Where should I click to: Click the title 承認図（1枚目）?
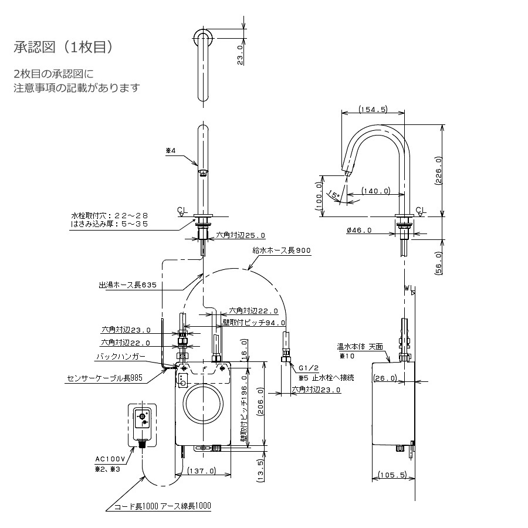64,47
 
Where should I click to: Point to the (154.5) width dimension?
373,109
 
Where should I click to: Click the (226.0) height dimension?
438,170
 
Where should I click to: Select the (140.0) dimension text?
376,191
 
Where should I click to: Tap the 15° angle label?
333,195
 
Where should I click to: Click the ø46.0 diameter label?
359,231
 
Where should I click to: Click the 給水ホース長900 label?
282,250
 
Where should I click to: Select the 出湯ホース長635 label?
128,285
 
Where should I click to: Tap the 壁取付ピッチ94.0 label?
254,323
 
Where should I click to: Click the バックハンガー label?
121,356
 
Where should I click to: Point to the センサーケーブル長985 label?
105,378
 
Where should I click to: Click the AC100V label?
110,459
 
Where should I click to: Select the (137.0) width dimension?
202,471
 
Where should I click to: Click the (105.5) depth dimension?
392,475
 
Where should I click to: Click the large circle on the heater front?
204,403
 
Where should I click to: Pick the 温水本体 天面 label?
360,347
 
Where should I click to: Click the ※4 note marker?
171,151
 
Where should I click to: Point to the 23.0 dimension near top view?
240,55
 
